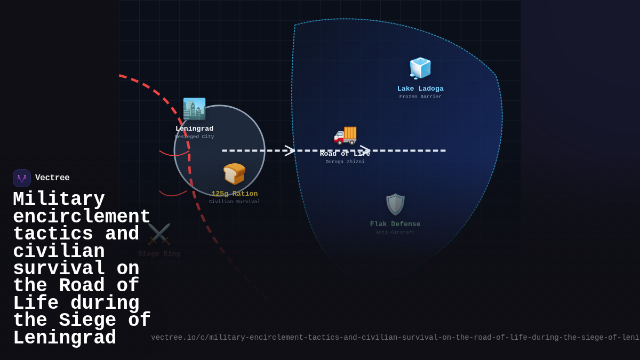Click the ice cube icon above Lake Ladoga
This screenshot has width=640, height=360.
420,68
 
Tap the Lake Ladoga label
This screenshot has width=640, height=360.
420,89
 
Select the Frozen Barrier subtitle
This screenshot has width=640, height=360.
420,97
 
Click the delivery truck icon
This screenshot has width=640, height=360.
345,134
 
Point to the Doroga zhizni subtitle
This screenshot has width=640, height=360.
345,162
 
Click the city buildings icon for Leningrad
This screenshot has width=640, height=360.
194,109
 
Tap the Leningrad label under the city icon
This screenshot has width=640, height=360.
194,129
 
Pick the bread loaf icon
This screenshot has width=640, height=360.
234,174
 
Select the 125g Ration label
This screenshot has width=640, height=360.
234,194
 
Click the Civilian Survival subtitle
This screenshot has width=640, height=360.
234,202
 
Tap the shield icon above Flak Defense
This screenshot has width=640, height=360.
395,204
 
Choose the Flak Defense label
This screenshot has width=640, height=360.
395,224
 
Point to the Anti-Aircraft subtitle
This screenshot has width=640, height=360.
395,233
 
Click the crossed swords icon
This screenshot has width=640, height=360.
159,234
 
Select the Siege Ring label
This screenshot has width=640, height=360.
159,254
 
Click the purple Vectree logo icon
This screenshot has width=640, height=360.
22,178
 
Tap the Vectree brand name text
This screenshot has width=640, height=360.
52,178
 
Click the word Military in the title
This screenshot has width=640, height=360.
59,199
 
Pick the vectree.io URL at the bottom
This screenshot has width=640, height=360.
395,338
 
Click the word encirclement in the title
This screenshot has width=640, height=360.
82,217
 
